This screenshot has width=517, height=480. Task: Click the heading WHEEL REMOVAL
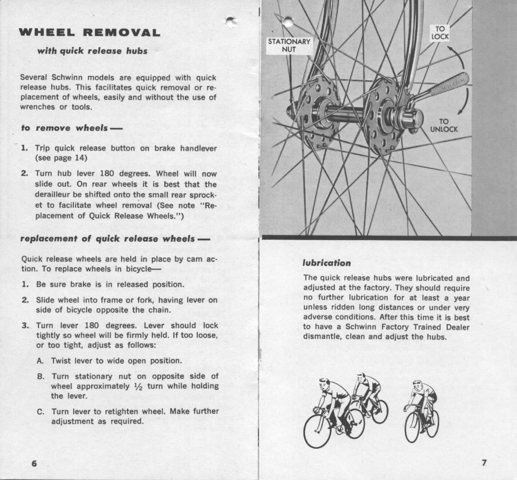click(x=89, y=33)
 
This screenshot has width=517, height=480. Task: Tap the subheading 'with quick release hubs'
click(x=92, y=51)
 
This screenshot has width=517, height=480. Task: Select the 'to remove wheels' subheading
click(x=67, y=128)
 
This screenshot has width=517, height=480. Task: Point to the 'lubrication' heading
click(x=327, y=263)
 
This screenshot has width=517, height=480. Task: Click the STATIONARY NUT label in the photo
click(x=289, y=45)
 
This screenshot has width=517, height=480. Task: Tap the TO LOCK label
click(x=440, y=33)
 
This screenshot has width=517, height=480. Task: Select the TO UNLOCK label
click(x=444, y=125)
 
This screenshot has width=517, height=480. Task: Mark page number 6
click(x=34, y=463)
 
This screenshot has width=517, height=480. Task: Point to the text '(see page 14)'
click(x=61, y=158)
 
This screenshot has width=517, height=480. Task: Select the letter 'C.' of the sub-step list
click(x=41, y=411)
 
